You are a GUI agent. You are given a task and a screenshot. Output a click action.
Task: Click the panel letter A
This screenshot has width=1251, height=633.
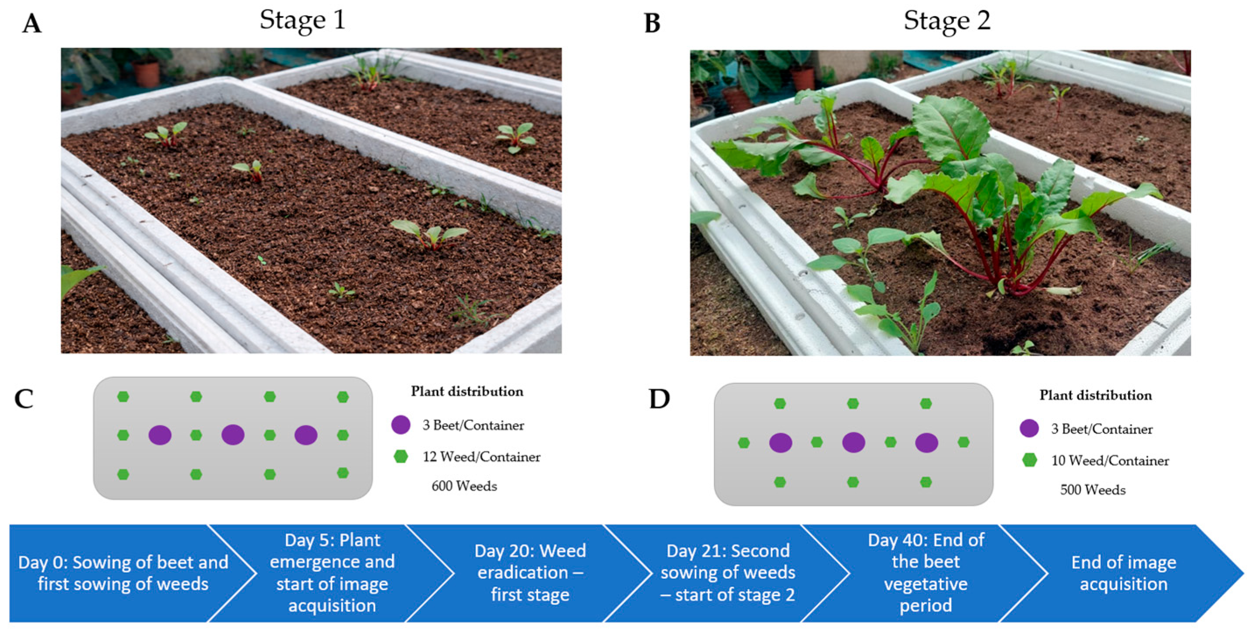[32, 23]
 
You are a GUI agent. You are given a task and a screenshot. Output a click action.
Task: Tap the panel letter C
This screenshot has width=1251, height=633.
[24, 399]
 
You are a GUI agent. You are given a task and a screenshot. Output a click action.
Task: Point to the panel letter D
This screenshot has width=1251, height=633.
[659, 399]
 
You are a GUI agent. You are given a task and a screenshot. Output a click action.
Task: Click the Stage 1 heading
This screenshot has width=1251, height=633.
[302, 21]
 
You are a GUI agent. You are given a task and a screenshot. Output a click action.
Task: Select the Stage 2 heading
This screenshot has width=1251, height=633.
[946, 21]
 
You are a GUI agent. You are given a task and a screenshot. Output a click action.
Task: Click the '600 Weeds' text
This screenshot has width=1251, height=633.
[464, 486]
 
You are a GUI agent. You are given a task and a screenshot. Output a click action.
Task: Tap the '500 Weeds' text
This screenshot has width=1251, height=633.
[1093, 490]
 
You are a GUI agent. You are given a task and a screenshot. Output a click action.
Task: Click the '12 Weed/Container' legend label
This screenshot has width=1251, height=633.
[481, 456]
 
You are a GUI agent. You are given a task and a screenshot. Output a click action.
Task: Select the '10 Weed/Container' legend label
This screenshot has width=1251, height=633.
[1110, 460]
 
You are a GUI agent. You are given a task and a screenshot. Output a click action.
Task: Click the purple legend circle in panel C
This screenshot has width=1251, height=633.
[401, 424]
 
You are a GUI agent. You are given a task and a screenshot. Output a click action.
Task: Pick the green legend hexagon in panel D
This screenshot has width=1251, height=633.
[1030, 460]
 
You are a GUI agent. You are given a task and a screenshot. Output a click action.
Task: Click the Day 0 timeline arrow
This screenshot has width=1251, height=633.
[123, 573]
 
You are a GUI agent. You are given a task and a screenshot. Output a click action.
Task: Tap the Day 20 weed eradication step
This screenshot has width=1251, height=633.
[530, 573]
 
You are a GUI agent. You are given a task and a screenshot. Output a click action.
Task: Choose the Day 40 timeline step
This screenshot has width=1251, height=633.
[925, 573]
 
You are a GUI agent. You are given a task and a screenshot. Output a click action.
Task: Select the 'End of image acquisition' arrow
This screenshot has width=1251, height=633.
[1124, 573]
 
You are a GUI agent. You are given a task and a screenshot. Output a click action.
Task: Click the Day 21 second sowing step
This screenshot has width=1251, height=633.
[728, 573]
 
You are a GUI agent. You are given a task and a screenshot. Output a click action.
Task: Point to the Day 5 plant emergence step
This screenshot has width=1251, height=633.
[332, 573]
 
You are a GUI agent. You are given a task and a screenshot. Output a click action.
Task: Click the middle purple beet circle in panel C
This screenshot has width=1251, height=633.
[233, 435]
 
